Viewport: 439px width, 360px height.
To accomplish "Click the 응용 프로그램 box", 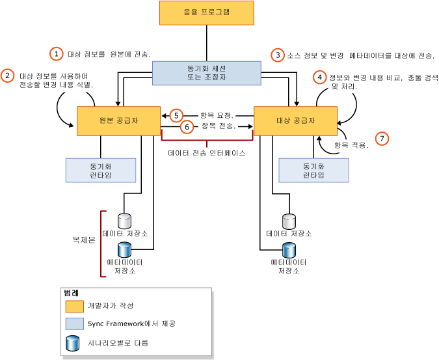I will [206, 13].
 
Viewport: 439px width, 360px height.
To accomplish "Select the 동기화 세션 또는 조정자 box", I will [206, 73].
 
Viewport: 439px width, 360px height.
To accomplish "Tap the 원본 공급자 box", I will [118, 120].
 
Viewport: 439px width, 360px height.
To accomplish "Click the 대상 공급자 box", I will [295, 120].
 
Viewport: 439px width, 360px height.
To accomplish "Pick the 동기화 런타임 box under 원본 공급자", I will [101, 170].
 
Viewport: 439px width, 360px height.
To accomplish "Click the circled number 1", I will [57, 54].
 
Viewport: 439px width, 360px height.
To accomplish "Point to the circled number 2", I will [8, 76].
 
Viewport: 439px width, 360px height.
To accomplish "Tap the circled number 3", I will [278, 55].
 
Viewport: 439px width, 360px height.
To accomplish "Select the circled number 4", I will [319, 77].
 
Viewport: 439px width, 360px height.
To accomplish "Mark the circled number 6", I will [187, 127].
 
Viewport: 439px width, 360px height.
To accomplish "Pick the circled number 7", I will [382, 138].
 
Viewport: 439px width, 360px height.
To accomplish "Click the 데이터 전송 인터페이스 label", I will [206, 154].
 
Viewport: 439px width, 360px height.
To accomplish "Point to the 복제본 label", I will [84, 240].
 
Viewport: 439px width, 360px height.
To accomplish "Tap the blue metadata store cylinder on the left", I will [124, 249].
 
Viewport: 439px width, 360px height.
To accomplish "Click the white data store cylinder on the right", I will [289, 221].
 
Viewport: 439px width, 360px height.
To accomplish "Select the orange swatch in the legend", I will [75, 305].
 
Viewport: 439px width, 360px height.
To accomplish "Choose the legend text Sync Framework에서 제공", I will [131, 324].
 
